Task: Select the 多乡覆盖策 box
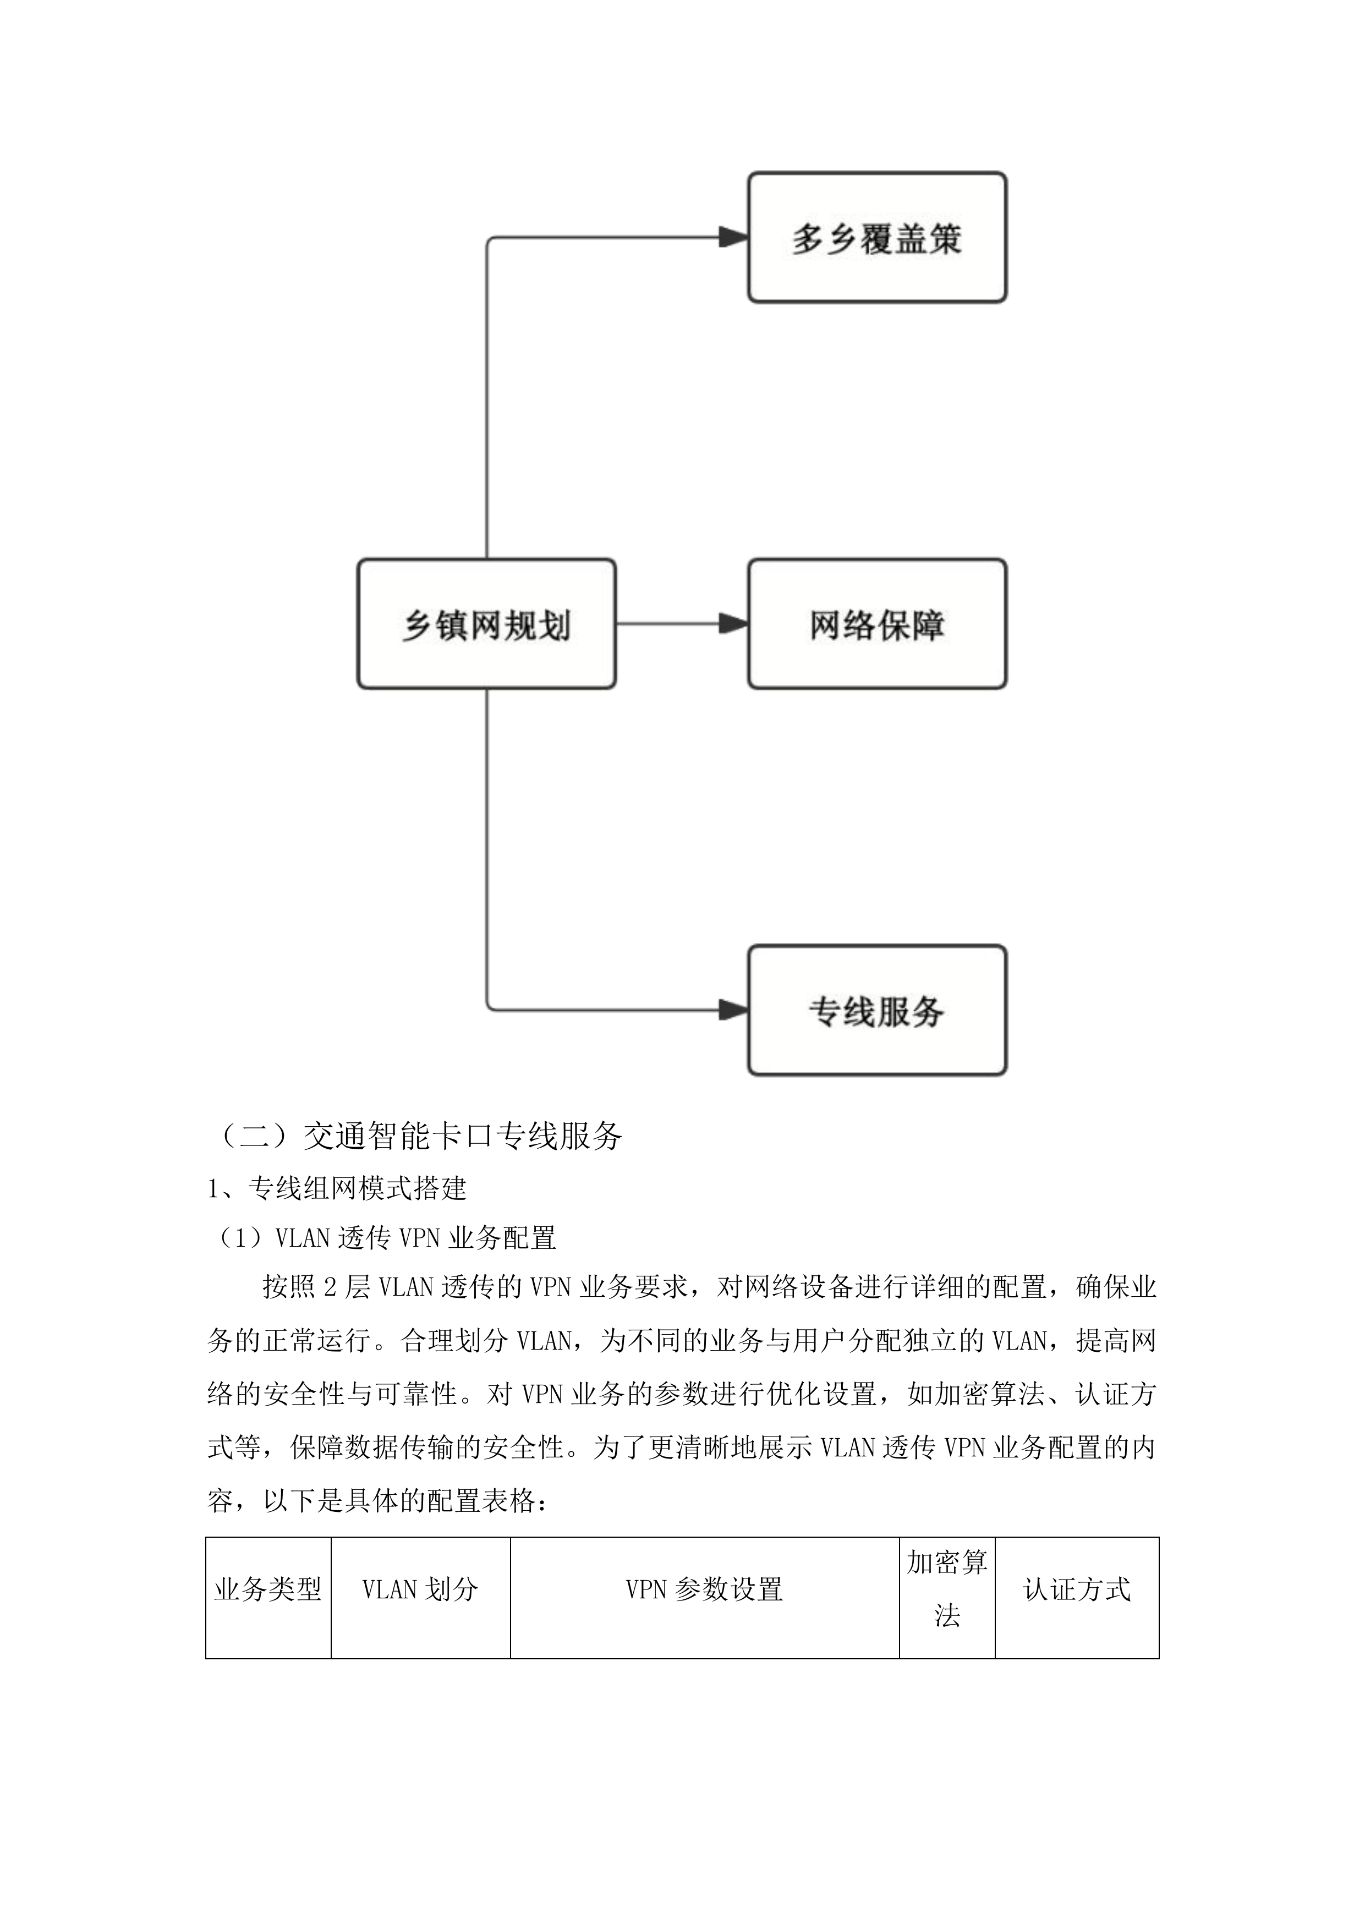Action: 876,238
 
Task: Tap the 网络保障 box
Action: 876,624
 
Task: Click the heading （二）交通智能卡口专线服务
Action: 418,1136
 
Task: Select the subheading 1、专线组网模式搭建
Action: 337,1188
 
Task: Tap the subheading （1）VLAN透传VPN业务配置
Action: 382,1238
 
